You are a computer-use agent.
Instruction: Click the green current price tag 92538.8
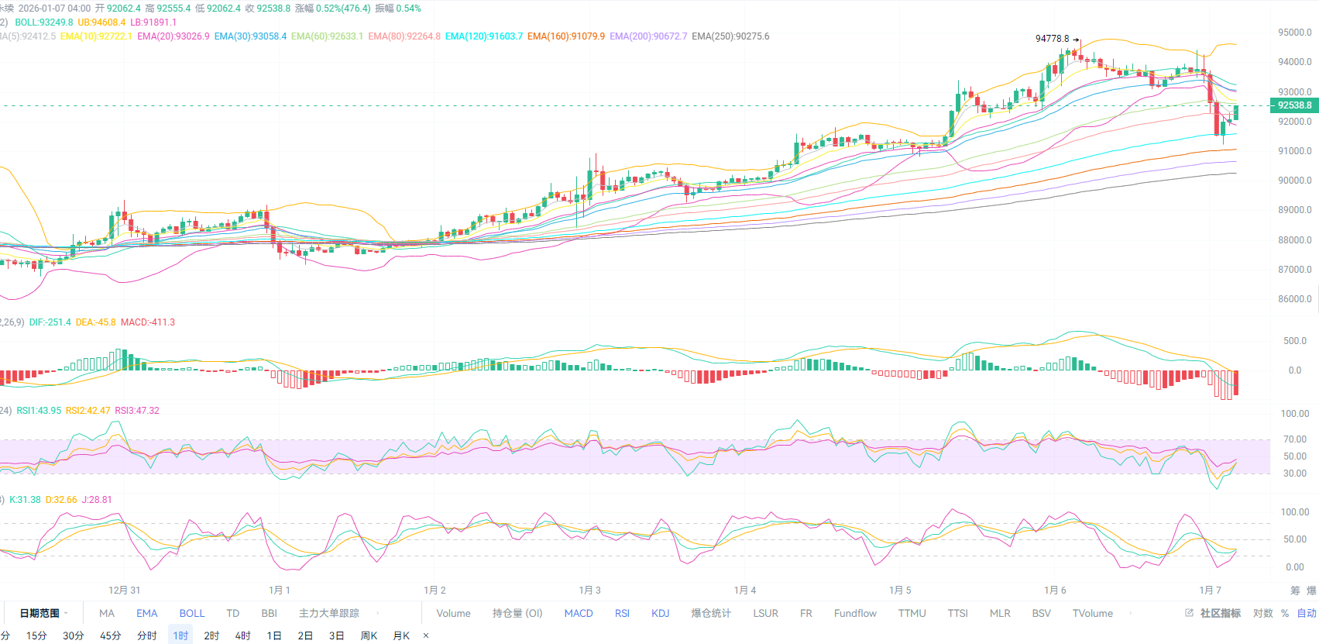1294,105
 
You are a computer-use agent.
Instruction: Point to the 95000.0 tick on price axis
1294,33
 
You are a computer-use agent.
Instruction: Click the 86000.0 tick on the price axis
1294,299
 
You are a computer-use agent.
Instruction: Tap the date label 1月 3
589,591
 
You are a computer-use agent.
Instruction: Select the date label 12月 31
124,591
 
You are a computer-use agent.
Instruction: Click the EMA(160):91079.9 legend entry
565,36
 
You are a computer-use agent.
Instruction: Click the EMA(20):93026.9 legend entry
173,36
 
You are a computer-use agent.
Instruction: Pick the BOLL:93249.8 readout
44,22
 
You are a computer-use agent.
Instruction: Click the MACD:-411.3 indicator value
147,322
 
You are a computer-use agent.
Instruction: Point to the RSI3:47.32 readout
136,411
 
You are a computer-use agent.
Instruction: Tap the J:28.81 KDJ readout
97,500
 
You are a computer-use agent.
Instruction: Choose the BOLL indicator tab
192,613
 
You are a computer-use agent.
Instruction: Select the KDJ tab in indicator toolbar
660,613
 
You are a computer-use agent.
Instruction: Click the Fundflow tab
855,613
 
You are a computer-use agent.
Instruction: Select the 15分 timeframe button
36,635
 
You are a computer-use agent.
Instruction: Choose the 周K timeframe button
369,635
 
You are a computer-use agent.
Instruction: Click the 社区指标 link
1219,613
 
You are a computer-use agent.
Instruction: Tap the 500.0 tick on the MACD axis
1294,341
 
